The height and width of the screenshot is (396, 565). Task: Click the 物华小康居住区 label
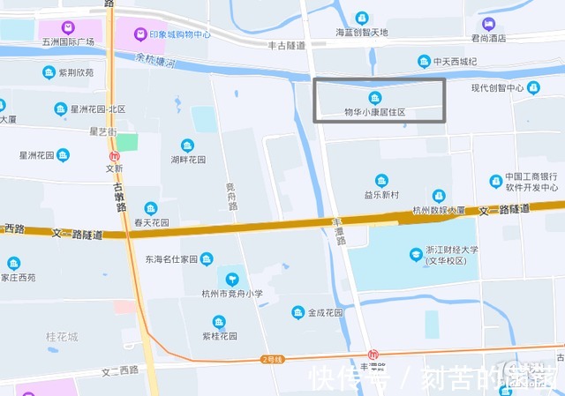374,112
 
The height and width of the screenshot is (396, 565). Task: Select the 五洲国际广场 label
68,41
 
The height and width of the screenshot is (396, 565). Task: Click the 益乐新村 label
381,194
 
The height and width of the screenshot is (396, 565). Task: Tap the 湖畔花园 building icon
187,146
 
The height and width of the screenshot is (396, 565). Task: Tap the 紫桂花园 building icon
219,322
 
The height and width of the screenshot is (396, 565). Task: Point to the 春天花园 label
151,224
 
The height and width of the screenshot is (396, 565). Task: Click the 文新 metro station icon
114,156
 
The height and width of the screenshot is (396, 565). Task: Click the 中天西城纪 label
456,62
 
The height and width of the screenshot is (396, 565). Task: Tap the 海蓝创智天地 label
362,33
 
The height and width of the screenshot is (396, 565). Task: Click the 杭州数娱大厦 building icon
439,196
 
